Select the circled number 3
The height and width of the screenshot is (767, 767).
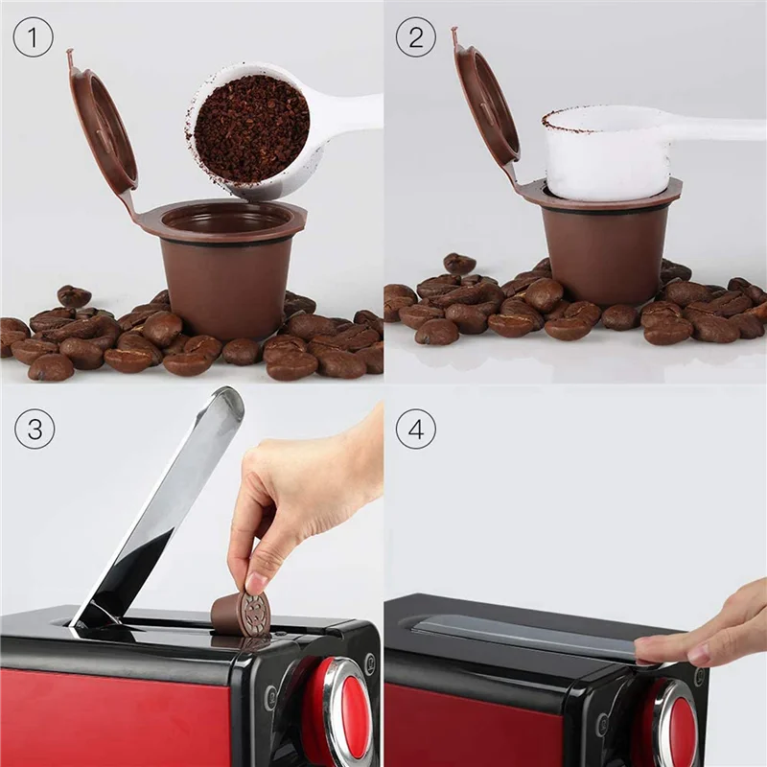coord(34,430)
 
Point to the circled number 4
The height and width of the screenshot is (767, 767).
coord(415,430)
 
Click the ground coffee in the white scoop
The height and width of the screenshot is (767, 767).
coord(252,128)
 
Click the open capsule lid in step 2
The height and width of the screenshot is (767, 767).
coord(487,105)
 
